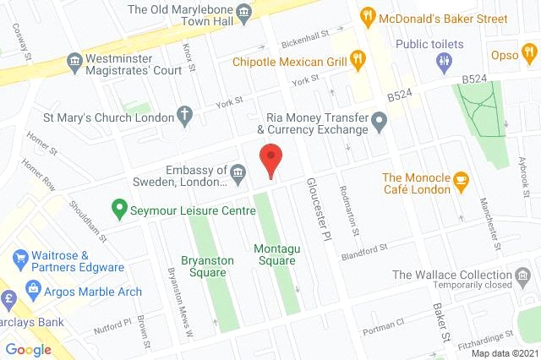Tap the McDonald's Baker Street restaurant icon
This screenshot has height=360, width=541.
click(367, 15)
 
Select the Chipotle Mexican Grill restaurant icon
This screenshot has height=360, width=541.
click(359, 59)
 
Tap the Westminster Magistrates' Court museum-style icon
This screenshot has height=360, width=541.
click(74, 62)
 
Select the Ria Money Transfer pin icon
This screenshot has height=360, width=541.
click(380, 129)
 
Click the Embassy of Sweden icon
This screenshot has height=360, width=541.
click(238, 175)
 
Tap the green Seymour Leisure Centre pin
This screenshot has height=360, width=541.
click(120, 207)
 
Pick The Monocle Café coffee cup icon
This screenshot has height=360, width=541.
click(461, 178)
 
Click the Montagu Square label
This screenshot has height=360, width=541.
click(275, 254)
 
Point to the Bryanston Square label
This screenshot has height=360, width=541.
click(208, 267)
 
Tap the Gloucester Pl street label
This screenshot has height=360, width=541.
click(319, 211)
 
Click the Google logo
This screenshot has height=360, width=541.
click(29, 350)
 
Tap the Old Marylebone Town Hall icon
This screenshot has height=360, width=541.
click(244, 11)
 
